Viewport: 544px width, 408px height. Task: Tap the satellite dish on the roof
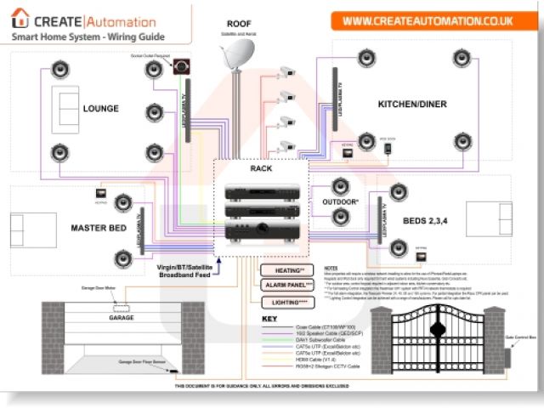coord(233,58)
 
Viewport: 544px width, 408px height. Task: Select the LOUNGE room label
coord(101,109)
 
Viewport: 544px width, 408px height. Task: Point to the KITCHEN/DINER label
coord(411,105)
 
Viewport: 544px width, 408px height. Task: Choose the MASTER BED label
coord(99,228)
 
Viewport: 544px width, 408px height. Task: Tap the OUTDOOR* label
coord(339,202)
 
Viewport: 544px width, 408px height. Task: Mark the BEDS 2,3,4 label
coord(426,221)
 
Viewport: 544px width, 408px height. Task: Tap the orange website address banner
coord(433,19)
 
